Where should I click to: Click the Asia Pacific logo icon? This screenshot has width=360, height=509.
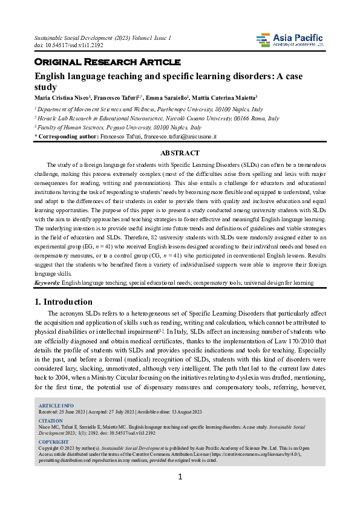pos(264,41)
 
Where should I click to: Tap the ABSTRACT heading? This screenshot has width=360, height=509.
pos(180,154)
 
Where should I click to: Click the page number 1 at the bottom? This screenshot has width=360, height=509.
pos(180,494)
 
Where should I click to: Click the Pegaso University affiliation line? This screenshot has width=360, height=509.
pos(121,128)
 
